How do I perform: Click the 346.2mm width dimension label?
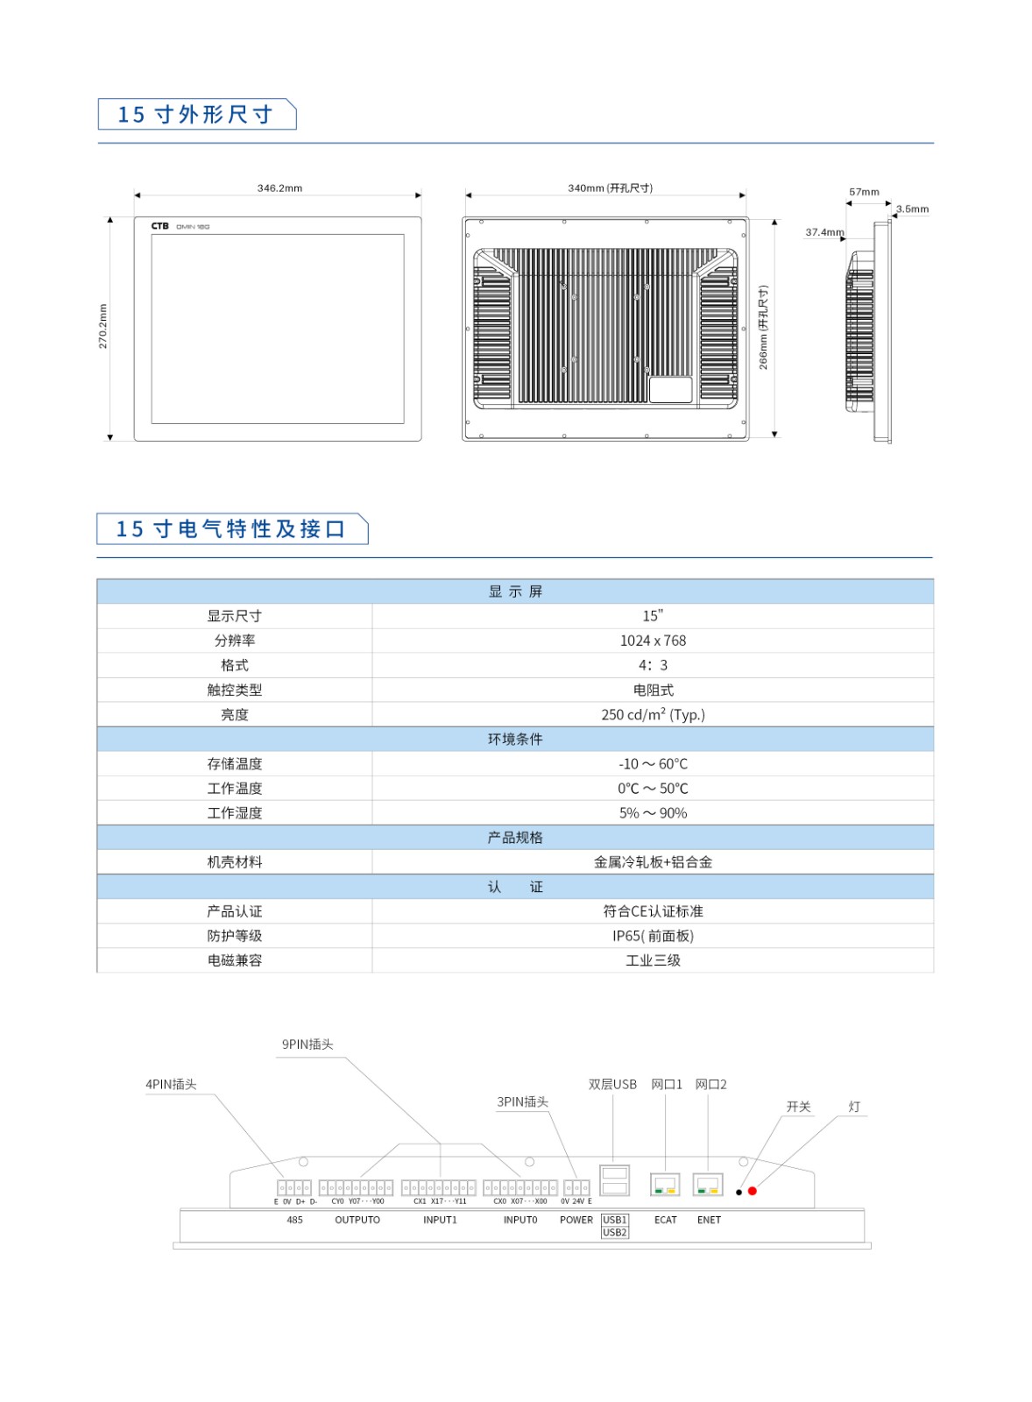click(279, 188)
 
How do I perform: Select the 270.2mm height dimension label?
click(103, 326)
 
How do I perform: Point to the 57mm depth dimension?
click(864, 192)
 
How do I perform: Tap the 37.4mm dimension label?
click(824, 232)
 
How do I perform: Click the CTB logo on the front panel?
click(159, 226)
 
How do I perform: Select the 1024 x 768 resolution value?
click(653, 641)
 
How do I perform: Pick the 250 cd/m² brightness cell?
click(653, 714)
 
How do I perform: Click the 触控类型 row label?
click(235, 690)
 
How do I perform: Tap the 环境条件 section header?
click(515, 739)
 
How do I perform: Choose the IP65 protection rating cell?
click(653, 936)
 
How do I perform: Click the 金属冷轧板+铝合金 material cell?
click(653, 862)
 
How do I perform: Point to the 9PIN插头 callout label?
click(307, 1044)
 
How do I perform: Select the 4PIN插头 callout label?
click(171, 1084)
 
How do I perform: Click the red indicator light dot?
click(753, 1191)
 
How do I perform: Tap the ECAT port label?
click(666, 1220)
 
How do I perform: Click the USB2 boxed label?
click(615, 1232)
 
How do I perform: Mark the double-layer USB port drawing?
click(614, 1179)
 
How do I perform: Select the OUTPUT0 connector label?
click(357, 1220)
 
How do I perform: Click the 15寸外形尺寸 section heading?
click(195, 115)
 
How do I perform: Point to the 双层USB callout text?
click(612, 1084)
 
